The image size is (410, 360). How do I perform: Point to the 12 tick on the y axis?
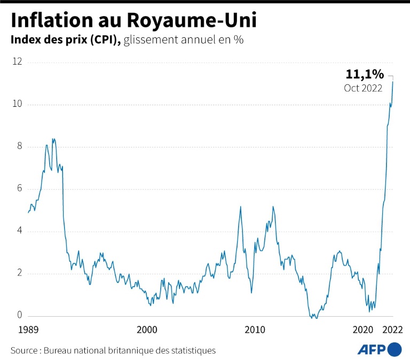coord(17,62)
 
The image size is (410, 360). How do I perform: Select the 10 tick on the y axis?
coord(17,104)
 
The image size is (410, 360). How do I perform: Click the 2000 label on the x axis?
coord(147,330)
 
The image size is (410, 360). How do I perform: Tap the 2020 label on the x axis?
coord(362,330)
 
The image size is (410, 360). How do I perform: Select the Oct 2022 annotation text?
coord(363,88)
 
